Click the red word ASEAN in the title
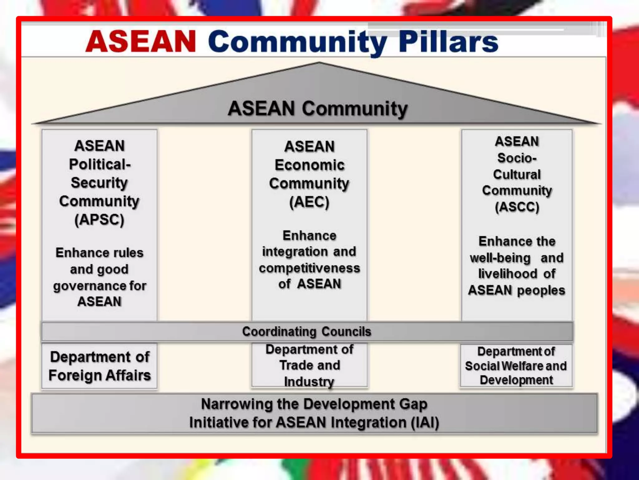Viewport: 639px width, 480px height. click(x=141, y=41)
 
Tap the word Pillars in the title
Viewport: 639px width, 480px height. click(x=448, y=42)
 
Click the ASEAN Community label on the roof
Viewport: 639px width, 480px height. click(x=318, y=108)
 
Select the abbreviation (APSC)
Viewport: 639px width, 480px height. click(x=99, y=219)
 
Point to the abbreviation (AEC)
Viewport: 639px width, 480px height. click(x=309, y=202)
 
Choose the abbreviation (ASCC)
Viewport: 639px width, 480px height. click(x=517, y=207)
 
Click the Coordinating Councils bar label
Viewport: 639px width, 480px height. click(x=307, y=332)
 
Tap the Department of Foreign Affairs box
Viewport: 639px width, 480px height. click(x=100, y=366)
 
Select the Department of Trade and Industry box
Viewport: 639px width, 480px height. click(x=309, y=365)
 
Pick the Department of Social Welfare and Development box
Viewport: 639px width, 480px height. click(x=516, y=366)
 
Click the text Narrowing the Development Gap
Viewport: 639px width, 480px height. click(x=314, y=404)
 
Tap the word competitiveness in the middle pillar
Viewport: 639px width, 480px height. click(x=309, y=268)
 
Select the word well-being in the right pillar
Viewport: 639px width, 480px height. click(x=500, y=258)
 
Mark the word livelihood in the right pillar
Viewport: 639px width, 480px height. click(x=508, y=274)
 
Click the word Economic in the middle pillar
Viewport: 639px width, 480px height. click(x=309, y=165)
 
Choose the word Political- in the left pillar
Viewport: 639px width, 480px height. click(x=100, y=164)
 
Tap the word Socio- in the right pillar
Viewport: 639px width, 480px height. click(x=517, y=158)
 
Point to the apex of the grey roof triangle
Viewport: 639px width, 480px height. click(x=319, y=63)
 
